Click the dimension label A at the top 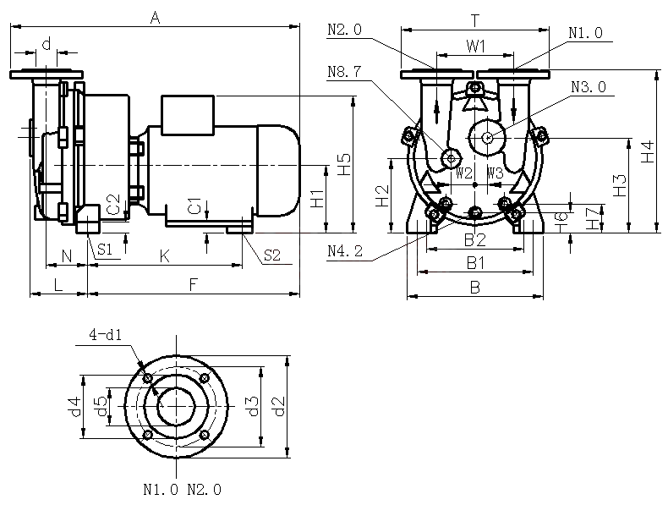(154, 16)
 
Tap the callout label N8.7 (344, 73)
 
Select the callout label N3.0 (588, 88)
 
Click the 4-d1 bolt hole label (106, 335)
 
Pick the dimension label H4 (647, 151)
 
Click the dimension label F (194, 285)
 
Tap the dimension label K (165, 255)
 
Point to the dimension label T (475, 19)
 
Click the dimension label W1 (475, 44)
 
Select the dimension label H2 (381, 195)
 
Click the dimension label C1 (194, 206)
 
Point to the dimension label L (57, 285)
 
